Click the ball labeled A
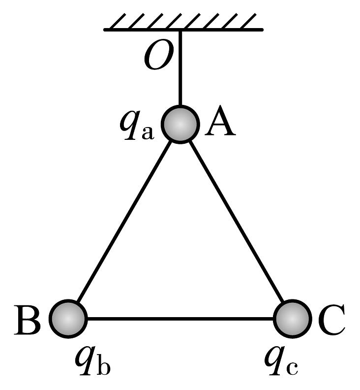(180, 126)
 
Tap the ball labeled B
(68, 318)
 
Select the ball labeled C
(292, 318)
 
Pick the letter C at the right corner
(331, 320)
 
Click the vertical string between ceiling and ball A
(180, 69)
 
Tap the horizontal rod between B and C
(180, 319)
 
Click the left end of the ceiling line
(105, 30)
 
